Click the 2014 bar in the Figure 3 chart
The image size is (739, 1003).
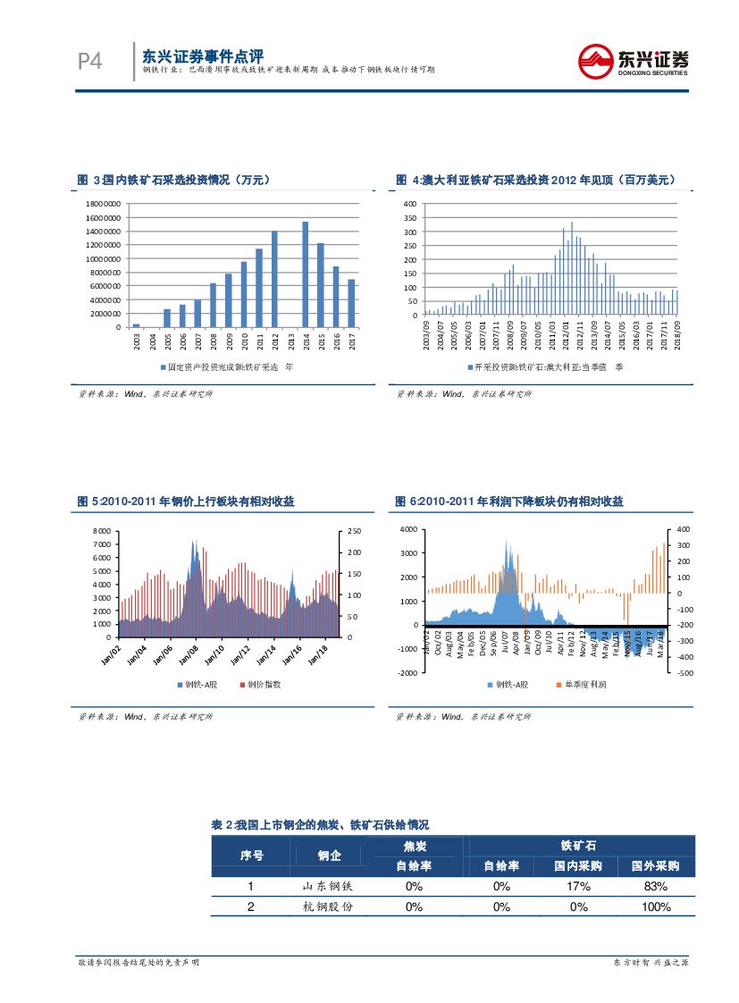click(306, 274)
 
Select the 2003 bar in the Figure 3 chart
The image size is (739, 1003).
click(136, 325)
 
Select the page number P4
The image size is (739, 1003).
click(89, 62)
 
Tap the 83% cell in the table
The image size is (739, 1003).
click(656, 886)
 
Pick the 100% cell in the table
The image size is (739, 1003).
click(656, 907)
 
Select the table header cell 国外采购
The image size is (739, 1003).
click(656, 866)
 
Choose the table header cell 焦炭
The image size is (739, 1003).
click(414, 846)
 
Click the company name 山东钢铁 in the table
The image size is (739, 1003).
click(330, 886)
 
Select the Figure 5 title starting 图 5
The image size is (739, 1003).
click(186, 502)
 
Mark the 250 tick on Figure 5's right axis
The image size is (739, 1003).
click(352, 531)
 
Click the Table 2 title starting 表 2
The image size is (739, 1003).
click(320, 824)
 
